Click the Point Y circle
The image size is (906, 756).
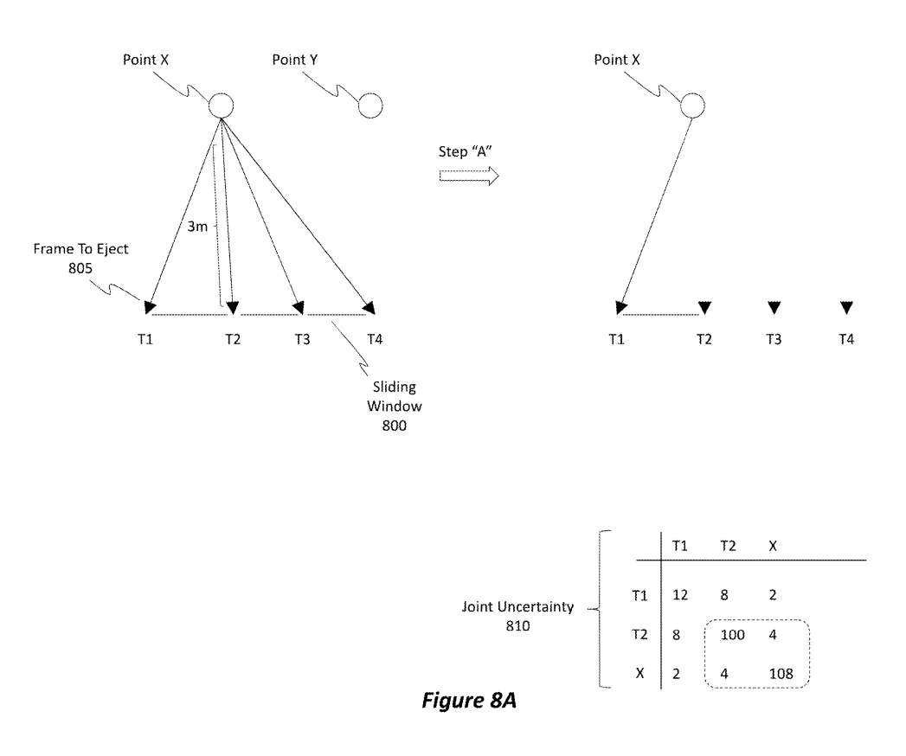point(370,106)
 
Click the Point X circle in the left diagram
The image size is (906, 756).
point(222,106)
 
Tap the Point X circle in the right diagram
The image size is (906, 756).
point(692,106)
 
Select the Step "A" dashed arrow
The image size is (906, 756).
point(469,176)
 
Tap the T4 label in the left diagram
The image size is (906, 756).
point(375,339)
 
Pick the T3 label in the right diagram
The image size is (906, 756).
point(774,339)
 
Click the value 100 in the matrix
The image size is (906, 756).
point(733,635)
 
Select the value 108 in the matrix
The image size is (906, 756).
point(781,671)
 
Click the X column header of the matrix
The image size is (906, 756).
point(773,546)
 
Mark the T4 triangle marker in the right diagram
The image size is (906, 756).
point(846,307)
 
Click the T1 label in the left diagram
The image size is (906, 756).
point(145,339)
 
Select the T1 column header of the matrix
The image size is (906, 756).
point(680,546)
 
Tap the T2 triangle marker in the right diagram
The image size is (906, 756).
point(704,307)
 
